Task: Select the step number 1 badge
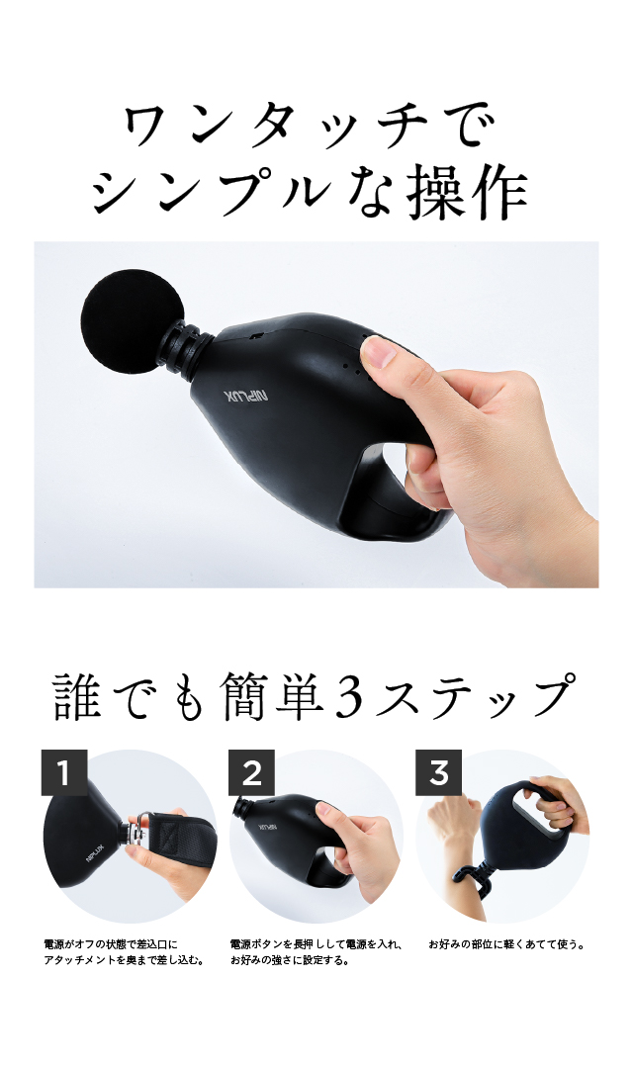[64, 772]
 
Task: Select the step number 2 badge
[251, 772]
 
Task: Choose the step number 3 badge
[439, 772]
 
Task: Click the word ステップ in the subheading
[474, 695]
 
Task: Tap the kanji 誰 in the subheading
[79, 695]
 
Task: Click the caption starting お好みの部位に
[507, 944]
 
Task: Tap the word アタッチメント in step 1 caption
[79, 961]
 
